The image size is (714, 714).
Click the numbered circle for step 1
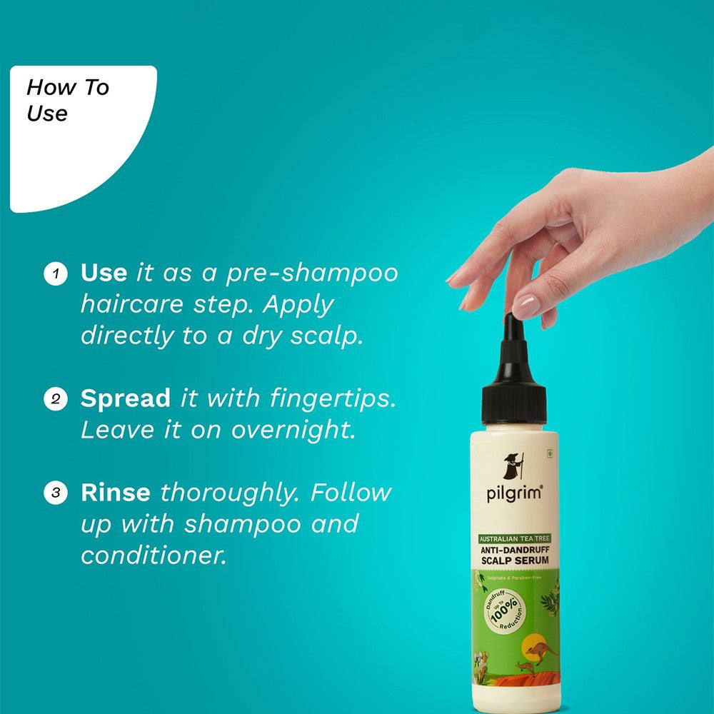(x=55, y=273)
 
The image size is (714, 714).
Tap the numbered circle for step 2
(x=55, y=399)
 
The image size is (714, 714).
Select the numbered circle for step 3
(x=55, y=493)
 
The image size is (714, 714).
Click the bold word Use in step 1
(x=104, y=273)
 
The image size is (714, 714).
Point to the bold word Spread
(x=126, y=398)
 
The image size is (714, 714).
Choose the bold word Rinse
(x=115, y=492)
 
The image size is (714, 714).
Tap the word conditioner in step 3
(x=153, y=555)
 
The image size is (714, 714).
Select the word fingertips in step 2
(x=333, y=398)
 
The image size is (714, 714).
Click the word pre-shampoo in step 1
(x=312, y=273)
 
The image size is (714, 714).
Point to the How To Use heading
(x=67, y=101)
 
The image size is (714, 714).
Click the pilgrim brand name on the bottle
(x=514, y=493)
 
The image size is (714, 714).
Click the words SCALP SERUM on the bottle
(x=515, y=561)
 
